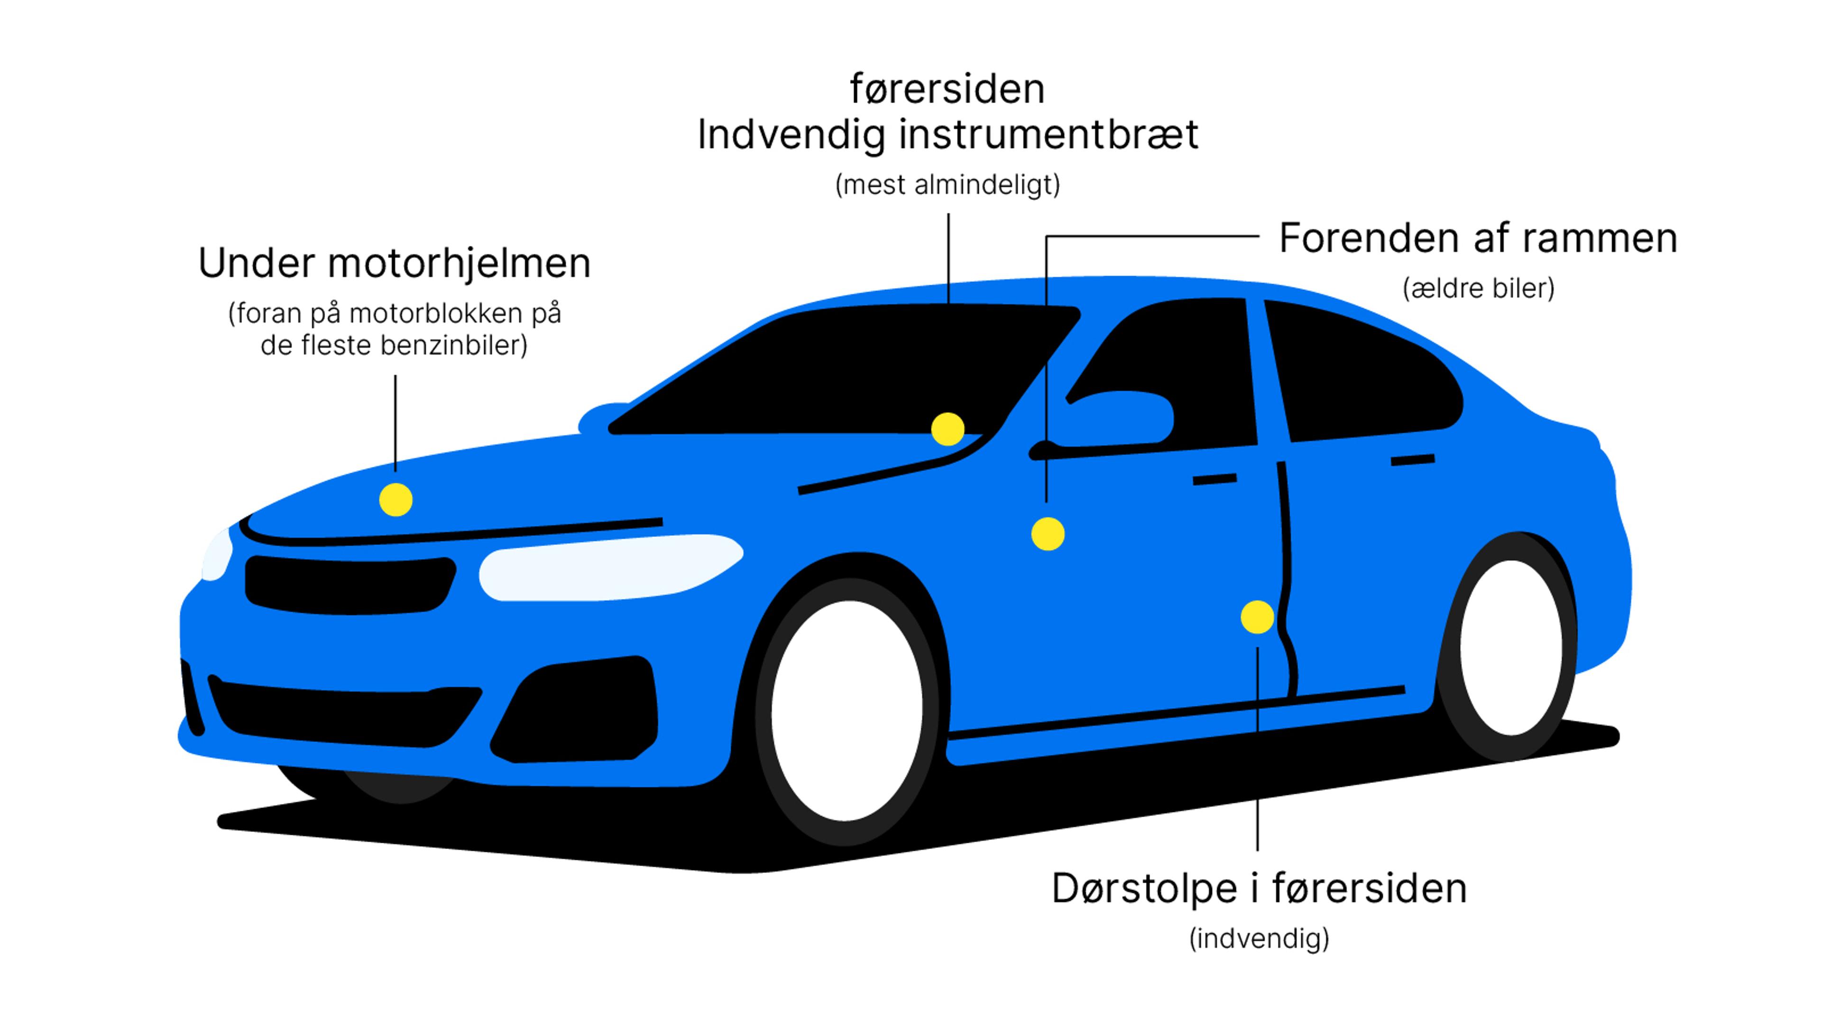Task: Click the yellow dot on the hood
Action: pyautogui.click(x=396, y=500)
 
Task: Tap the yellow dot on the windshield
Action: pyautogui.click(x=947, y=429)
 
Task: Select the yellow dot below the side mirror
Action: pyautogui.click(x=1048, y=534)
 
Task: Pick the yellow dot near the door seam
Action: pyautogui.click(x=1257, y=617)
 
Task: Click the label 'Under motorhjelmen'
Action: pyautogui.click(x=395, y=263)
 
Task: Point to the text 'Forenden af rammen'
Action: pyautogui.click(x=1478, y=238)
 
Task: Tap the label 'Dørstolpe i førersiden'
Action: pyautogui.click(x=1259, y=888)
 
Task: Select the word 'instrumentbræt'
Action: pyautogui.click(x=1048, y=134)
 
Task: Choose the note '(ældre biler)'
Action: pyautogui.click(x=1478, y=288)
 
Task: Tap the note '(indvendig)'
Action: pyautogui.click(x=1259, y=939)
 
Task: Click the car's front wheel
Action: pyautogui.click(x=847, y=711)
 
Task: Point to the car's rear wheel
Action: pyautogui.click(x=1511, y=647)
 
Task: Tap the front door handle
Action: pyautogui.click(x=1214, y=480)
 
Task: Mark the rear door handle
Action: pyautogui.click(x=1412, y=460)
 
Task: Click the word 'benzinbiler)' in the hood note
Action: pyautogui.click(x=454, y=346)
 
